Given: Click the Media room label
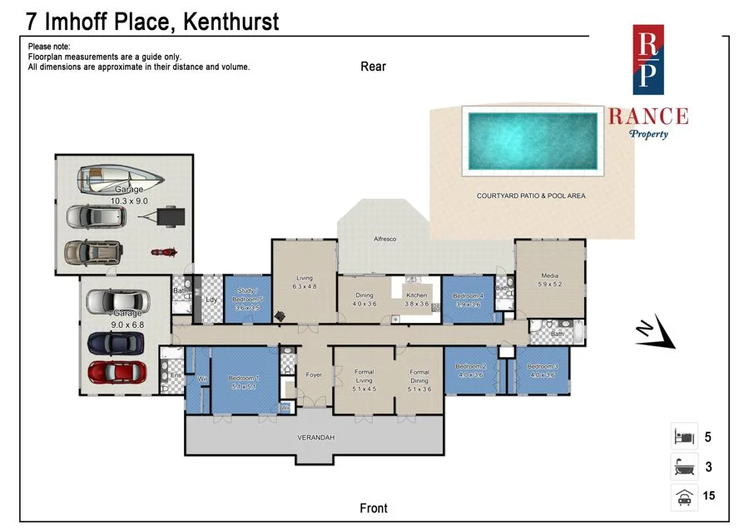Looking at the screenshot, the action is [549, 276].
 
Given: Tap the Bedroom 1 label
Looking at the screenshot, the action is [244, 379].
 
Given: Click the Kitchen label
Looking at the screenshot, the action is [416, 295].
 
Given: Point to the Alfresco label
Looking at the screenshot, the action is [384, 239].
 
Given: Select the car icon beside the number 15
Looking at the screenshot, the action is [684, 497].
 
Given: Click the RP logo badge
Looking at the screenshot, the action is [648, 60].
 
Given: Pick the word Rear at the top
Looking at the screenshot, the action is [373, 67].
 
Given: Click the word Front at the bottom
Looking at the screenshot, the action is [374, 508].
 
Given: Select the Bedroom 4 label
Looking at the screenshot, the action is [469, 295].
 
